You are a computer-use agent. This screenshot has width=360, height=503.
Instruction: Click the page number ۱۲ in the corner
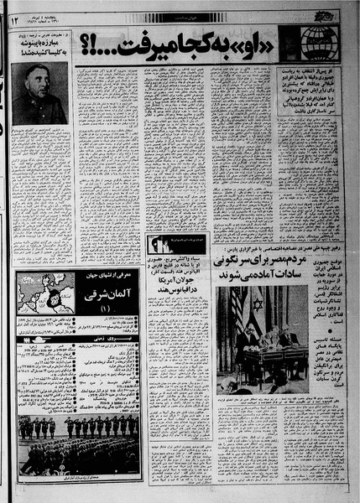(x=14, y=18)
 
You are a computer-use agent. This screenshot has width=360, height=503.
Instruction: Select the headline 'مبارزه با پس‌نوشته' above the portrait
(x=40, y=53)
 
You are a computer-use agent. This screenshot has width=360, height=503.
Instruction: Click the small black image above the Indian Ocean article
(x=159, y=244)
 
